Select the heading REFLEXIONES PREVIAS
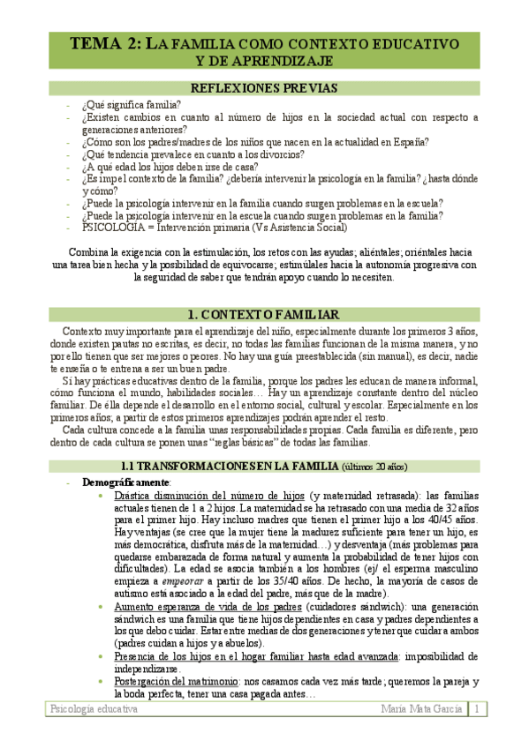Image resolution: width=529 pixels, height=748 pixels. point(263,88)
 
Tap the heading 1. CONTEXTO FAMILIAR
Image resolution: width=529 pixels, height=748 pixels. point(263,315)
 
